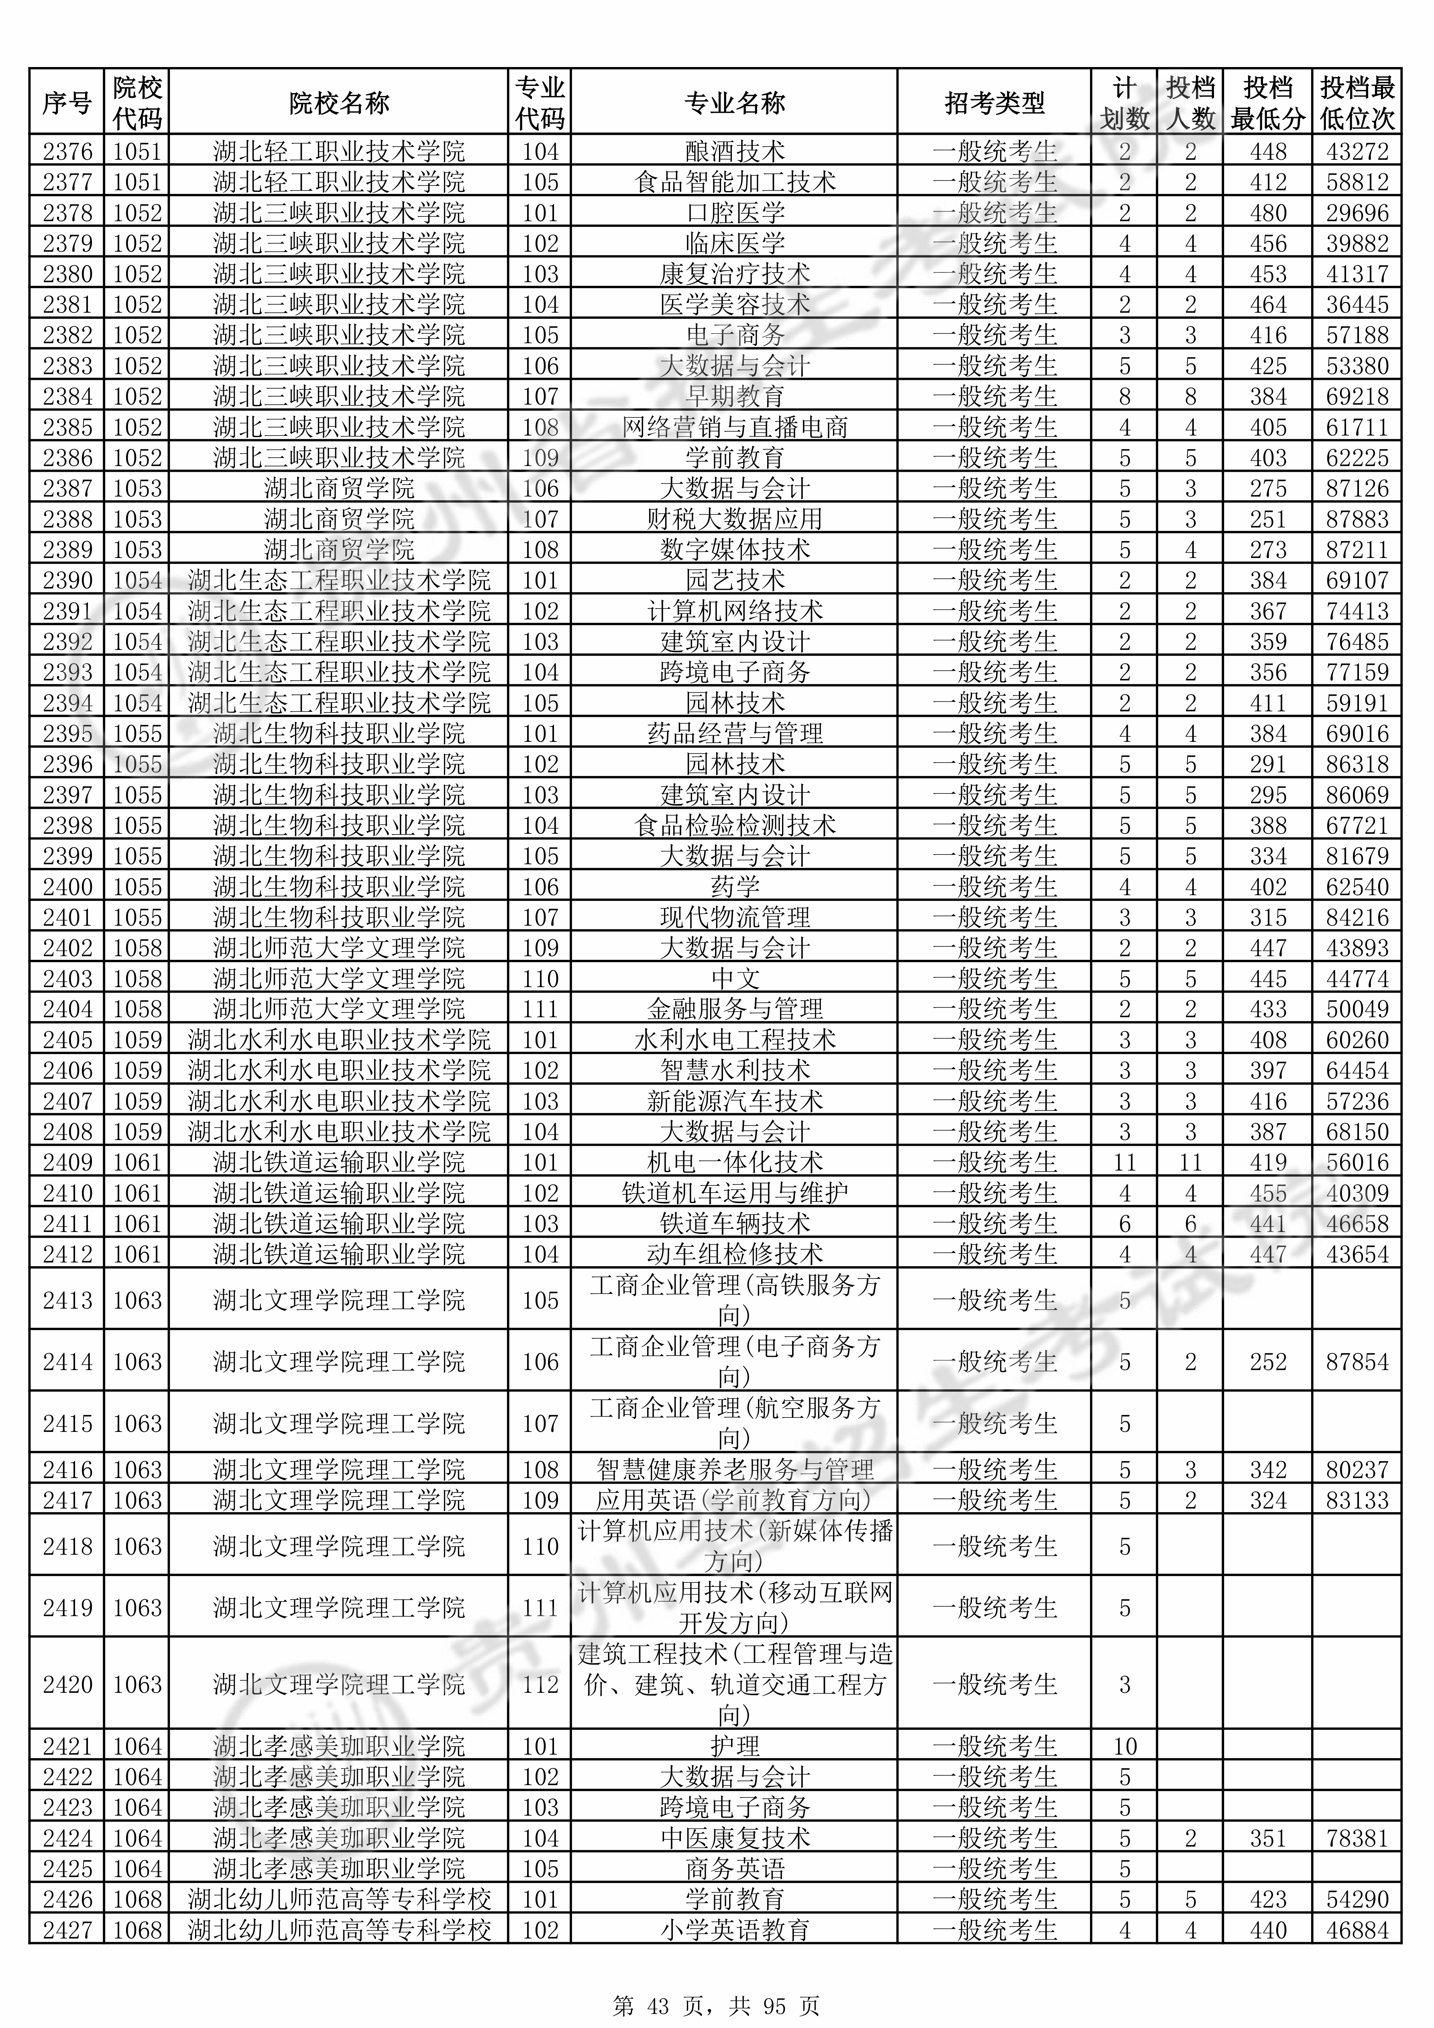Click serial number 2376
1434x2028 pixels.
pyautogui.click(x=67, y=151)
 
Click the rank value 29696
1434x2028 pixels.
pyautogui.click(x=1357, y=213)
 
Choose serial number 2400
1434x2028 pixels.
pyautogui.click(x=67, y=887)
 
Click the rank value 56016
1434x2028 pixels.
pyautogui.click(x=1357, y=1163)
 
